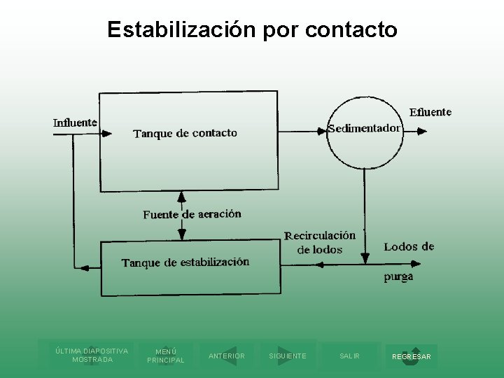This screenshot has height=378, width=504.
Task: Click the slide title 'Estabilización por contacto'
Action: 252,29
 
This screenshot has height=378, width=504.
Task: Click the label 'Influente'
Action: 75,122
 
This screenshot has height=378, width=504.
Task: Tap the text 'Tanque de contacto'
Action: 185,133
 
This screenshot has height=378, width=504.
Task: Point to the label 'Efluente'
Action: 430,112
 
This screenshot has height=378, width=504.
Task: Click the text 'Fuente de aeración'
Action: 192,214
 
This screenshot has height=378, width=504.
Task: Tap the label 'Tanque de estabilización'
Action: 185,262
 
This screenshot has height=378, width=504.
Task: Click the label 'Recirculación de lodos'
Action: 320,242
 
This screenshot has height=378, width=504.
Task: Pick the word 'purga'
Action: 398,276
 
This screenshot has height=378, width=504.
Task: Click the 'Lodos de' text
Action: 409,246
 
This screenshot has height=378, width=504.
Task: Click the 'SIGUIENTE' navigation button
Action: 288,356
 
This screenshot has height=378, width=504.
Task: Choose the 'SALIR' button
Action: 349,356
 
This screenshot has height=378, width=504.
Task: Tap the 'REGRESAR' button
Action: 412,356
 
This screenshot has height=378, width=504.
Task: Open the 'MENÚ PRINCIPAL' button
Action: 165,356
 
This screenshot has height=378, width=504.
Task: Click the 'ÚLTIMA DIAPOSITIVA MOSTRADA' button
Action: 92,355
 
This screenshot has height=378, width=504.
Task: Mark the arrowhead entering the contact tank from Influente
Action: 106,133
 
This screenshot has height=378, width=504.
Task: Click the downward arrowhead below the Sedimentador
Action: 364,258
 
